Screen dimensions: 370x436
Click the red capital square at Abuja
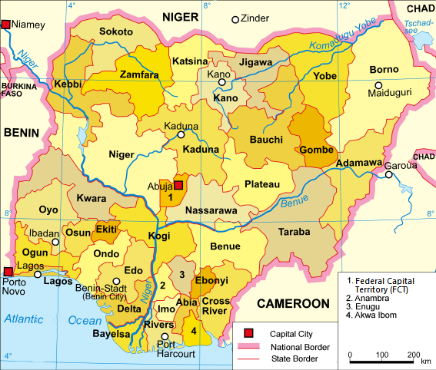coord(179,185)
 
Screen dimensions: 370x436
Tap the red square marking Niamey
coord(7,25)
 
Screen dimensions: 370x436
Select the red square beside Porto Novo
coord(7,271)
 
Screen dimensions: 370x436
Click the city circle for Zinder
coord(235,19)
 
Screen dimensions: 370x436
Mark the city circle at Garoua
coord(390,175)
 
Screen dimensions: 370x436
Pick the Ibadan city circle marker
coord(55,242)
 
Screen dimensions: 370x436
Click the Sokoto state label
coord(116,32)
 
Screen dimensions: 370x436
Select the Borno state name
coord(384,70)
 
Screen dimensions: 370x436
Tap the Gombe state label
coord(315,149)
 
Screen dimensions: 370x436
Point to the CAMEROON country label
coord(292,303)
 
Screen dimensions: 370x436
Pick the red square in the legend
coord(249,333)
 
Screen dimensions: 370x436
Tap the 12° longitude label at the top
coord(344,5)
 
